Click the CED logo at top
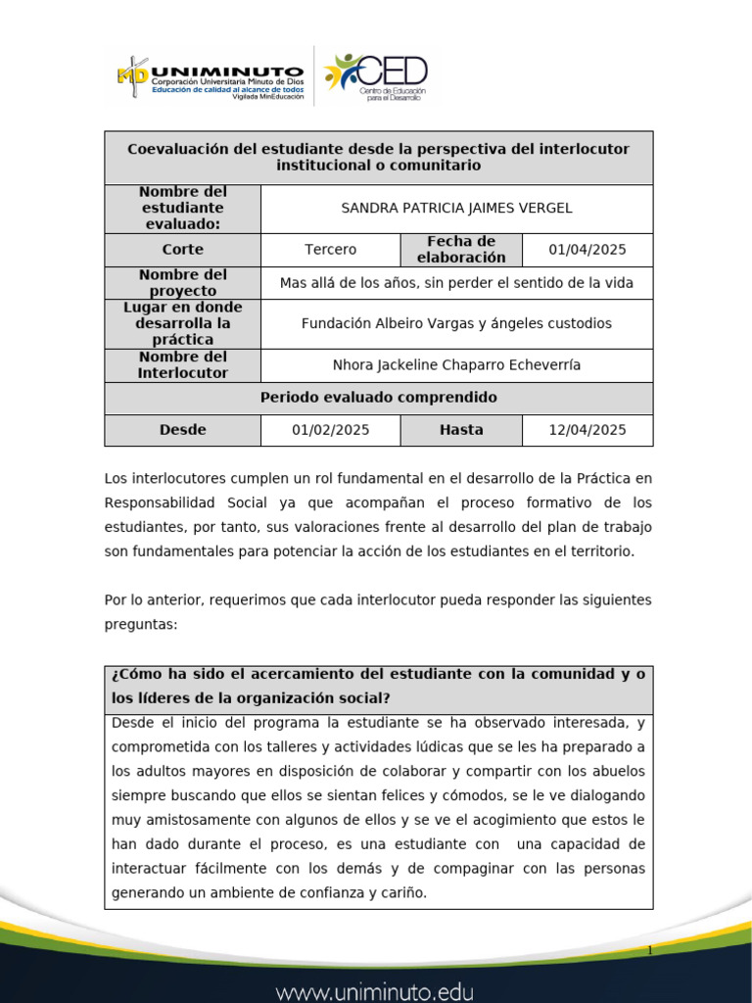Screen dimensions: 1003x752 [377, 76]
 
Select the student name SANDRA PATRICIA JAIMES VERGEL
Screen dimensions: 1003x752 [456, 209]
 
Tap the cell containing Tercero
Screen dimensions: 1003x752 [330, 250]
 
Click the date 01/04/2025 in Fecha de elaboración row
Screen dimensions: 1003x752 [587, 250]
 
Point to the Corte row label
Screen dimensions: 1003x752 [182, 250]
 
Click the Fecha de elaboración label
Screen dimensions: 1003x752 [461, 250]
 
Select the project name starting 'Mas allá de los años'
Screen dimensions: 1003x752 [456, 283]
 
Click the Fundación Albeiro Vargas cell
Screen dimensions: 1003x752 [456, 323]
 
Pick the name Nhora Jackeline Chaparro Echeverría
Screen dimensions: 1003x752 [456, 365]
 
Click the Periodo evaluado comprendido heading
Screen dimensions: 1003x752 [378, 398]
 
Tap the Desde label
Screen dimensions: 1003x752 [182, 430]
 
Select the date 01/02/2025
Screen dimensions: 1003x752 [330, 430]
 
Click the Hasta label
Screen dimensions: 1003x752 [461, 430]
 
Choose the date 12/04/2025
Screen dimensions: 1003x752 [587, 430]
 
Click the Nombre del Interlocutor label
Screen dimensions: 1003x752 [182, 365]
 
